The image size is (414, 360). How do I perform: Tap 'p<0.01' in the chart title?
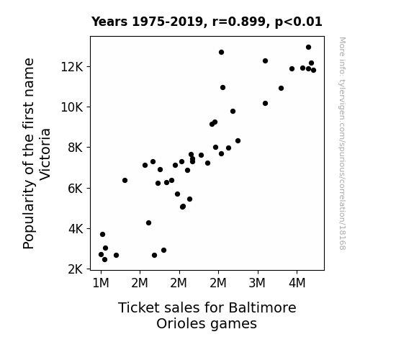(x=299, y=22)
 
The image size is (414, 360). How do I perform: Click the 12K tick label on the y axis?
(x=72, y=67)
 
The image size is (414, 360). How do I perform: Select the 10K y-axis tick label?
(x=72, y=107)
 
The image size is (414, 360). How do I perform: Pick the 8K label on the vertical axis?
(x=76, y=148)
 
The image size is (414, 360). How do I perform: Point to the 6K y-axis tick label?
(x=76, y=189)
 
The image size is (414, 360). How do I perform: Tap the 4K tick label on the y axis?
(x=76, y=229)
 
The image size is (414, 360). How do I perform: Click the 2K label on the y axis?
(x=76, y=269)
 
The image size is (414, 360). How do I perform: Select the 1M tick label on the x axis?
(x=101, y=283)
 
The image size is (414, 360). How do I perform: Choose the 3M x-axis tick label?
(x=257, y=283)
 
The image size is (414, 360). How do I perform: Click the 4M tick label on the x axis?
(x=297, y=283)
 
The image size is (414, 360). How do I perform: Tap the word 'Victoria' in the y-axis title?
(x=45, y=154)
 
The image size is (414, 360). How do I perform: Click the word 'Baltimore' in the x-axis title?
(x=262, y=307)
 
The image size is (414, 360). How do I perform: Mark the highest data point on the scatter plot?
(x=308, y=48)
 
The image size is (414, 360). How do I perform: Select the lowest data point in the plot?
(x=104, y=260)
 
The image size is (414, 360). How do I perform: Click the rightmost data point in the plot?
(x=313, y=71)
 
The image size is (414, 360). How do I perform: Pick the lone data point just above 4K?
(x=148, y=223)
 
